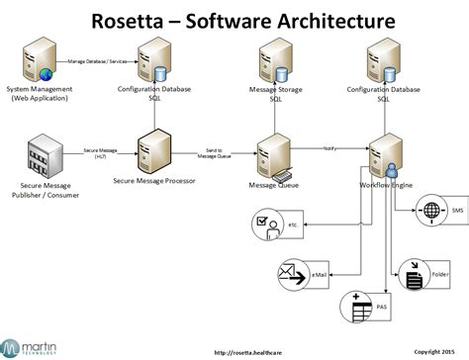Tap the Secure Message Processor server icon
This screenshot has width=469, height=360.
pos(154,152)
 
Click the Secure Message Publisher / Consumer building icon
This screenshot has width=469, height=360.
pos(43,156)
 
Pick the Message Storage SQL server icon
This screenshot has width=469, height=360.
pos(274,62)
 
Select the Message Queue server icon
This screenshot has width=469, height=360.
pos(272,152)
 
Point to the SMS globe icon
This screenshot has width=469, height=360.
pos(429,211)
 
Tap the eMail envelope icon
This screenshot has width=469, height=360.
pos(292,273)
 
